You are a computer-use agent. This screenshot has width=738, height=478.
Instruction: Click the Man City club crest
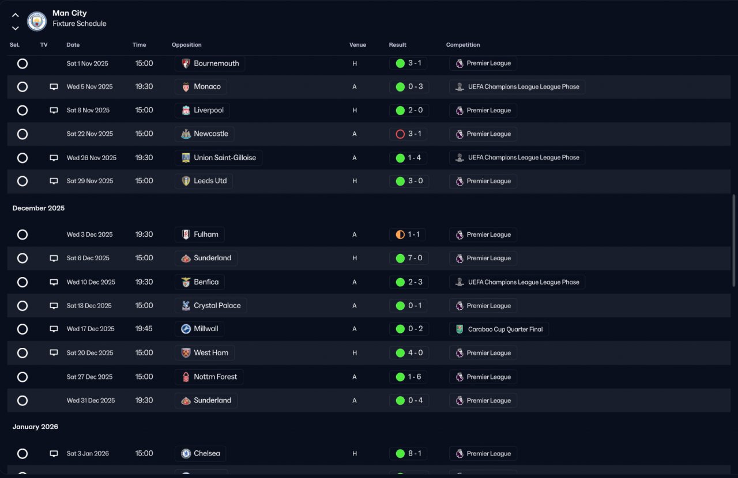(36, 21)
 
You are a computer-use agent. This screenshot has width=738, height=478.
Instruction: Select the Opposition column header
(186, 45)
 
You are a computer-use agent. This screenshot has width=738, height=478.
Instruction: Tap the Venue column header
(357, 45)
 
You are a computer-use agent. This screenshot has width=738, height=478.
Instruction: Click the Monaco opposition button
(201, 87)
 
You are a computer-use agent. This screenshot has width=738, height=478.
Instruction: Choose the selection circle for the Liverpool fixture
(22, 110)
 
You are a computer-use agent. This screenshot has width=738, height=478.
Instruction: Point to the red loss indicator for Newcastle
(400, 134)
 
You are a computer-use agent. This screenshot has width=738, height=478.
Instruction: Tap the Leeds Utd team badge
(186, 181)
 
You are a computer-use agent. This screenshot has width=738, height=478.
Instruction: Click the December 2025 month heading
(39, 208)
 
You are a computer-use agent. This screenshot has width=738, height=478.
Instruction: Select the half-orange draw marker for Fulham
(400, 235)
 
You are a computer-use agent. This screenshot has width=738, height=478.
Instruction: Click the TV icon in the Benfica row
(54, 282)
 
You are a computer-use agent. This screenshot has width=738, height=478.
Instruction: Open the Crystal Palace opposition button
(210, 306)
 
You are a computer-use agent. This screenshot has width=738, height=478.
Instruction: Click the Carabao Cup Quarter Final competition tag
(499, 329)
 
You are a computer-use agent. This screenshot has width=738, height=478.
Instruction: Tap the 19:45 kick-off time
(144, 329)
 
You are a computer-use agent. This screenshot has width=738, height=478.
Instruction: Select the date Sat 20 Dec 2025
(89, 353)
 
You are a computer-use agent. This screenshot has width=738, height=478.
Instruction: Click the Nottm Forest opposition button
(209, 377)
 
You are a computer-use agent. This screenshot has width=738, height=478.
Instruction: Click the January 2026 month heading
(35, 427)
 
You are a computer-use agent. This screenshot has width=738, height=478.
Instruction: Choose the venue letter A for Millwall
(355, 329)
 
